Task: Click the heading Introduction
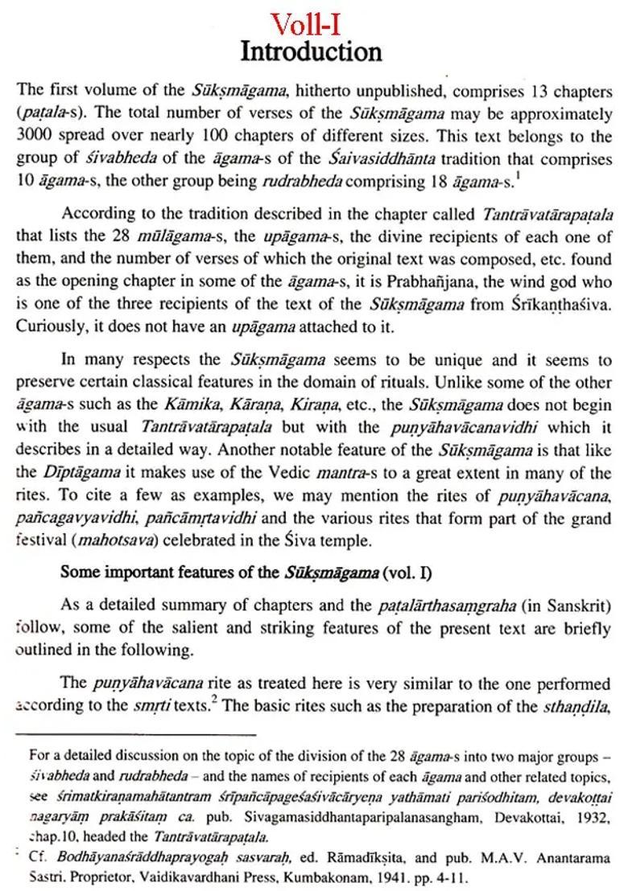tap(311, 52)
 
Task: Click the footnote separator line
tap(136, 733)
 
